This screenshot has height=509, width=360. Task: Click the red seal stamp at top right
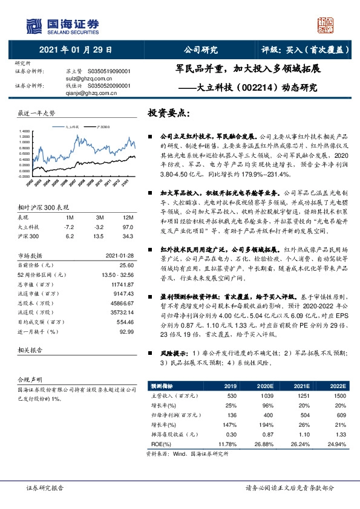click(326, 25)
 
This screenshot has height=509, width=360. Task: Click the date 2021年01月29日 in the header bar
click(76, 50)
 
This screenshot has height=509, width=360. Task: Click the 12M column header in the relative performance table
click(127, 217)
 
